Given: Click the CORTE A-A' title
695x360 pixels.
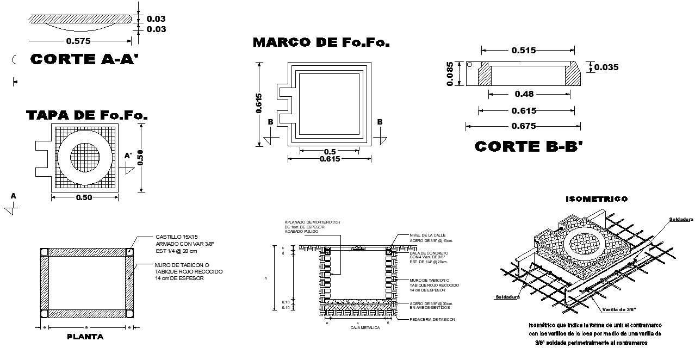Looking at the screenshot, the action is (85, 59).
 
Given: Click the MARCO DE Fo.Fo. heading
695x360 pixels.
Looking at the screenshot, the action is (321, 42).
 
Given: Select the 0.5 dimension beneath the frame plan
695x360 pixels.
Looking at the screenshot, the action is (330, 151).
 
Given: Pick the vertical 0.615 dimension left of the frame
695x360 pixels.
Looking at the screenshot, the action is (259, 103).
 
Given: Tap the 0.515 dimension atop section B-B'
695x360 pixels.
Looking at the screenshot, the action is (524, 51).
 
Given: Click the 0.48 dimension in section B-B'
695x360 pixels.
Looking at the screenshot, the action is (524, 94).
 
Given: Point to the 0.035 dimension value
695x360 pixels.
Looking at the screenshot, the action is (606, 67).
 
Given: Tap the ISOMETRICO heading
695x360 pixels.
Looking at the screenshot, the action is (597, 199).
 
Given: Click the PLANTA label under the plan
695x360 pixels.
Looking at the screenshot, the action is (85, 337).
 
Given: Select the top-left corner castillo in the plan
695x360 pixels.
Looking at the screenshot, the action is (44, 252).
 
